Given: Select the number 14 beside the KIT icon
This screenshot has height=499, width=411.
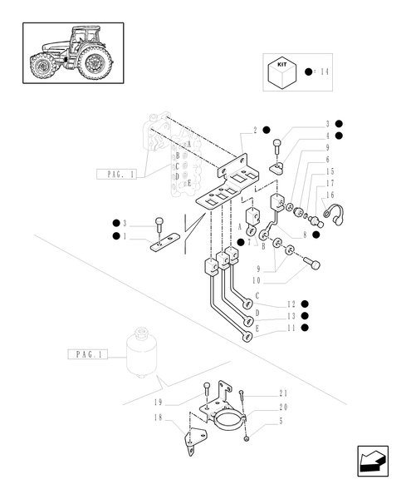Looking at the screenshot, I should point(323,72).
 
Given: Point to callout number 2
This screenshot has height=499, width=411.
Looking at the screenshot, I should point(256,130).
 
